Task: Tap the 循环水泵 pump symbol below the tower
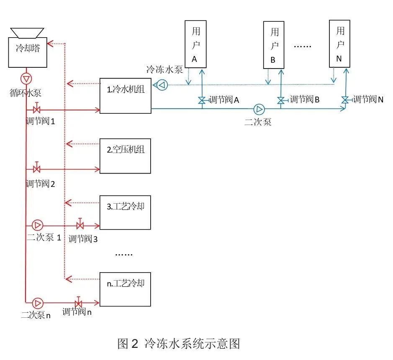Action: click(26, 78)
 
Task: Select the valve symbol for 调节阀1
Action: click(37, 110)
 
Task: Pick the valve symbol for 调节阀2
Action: click(37, 169)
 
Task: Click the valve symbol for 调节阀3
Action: click(80, 225)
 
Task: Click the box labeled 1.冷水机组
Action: click(125, 95)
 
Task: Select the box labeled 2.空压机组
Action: click(125, 156)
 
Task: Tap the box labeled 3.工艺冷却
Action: click(125, 212)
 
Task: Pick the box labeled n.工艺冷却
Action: click(125, 289)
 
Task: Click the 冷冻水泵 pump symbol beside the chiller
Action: click(161, 85)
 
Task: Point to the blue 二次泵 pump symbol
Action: click(259, 109)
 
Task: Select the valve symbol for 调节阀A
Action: click(202, 100)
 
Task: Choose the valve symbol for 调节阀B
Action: click(281, 100)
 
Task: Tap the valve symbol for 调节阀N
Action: click(345, 100)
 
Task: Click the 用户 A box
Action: click(195, 44)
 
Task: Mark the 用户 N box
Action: click(339, 43)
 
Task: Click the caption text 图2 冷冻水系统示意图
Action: click(179, 344)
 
